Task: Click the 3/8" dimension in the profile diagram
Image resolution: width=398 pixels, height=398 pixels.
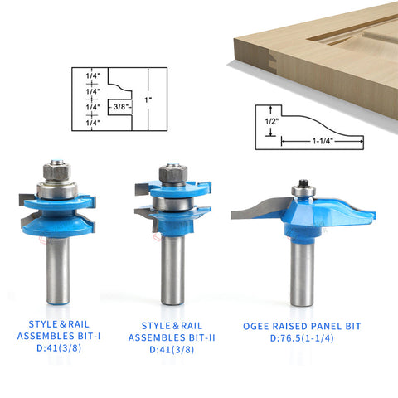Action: pos(121,107)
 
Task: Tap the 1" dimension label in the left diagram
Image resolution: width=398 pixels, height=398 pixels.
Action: pos(148,99)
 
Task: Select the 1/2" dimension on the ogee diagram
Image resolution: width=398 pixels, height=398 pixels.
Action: pos(272,121)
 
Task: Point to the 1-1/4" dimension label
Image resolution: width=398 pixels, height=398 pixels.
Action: pos(323,141)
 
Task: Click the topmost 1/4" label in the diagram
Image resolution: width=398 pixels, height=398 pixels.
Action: pos(93,75)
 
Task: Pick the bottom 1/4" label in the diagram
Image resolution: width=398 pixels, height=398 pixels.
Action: pos(93,123)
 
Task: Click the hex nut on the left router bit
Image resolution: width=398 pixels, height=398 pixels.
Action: pos(57,172)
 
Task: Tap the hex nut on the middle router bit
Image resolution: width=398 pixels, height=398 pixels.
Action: pos(173,175)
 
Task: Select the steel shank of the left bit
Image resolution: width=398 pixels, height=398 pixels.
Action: pos(58,271)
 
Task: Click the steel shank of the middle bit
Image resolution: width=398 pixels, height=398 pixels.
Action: pos(173,270)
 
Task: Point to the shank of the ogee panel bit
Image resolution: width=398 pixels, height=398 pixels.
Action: pos(303,273)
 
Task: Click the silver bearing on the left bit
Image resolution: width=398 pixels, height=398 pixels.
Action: pos(57,190)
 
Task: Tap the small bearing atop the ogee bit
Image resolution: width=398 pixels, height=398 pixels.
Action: pos(303,191)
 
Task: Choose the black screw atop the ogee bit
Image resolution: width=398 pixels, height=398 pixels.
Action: pos(303,182)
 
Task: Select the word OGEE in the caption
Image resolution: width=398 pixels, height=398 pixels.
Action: pos(255,326)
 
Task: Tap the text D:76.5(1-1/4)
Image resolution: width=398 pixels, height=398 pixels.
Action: pos(302,338)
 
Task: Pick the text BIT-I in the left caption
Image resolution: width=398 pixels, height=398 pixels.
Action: pos(89,336)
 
